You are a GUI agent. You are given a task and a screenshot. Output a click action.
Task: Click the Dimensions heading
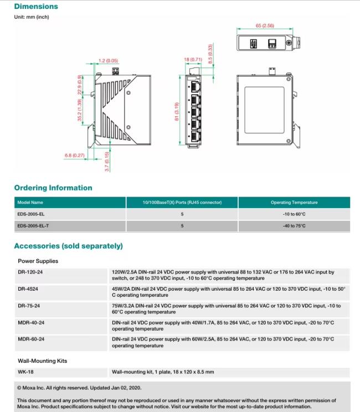point(36,7)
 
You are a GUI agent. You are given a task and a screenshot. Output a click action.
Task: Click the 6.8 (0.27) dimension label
point(75,156)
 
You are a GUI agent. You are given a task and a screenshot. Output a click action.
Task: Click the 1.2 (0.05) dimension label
point(109,60)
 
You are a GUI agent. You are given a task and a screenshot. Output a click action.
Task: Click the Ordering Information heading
point(53,188)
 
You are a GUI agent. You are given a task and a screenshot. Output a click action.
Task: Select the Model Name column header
point(30,203)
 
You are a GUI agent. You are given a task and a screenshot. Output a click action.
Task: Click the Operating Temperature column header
point(294,203)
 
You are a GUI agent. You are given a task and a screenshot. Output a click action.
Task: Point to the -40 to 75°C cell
point(294,226)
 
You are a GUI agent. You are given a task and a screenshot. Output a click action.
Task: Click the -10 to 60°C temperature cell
point(294,214)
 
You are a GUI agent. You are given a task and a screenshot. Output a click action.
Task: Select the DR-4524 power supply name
point(28,289)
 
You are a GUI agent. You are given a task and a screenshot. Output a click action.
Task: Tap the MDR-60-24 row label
point(32,339)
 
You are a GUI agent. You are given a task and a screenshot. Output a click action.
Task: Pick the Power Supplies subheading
point(38,261)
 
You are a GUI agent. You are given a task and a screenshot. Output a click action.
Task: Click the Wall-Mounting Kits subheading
point(43,360)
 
